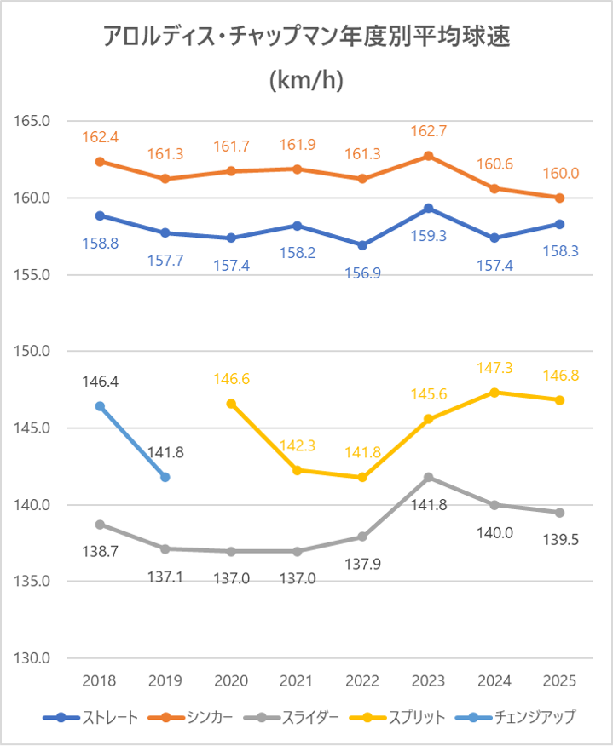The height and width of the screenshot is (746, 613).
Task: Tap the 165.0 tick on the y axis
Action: (x=32, y=121)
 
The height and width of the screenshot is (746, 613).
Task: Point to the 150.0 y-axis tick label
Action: (x=32, y=351)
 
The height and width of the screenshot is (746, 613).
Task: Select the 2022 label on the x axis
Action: (x=362, y=681)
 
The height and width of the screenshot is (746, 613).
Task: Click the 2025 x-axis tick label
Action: (x=559, y=681)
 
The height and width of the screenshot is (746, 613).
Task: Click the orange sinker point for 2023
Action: (x=429, y=156)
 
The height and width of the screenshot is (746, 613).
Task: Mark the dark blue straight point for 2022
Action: (x=362, y=245)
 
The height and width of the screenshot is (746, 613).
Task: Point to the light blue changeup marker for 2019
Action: (x=165, y=477)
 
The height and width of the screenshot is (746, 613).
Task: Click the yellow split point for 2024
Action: (x=494, y=393)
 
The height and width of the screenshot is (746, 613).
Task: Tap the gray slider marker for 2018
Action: (x=100, y=525)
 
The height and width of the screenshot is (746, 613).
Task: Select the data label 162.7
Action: (x=429, y=132)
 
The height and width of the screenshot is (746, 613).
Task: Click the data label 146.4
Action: (x=100, y=382)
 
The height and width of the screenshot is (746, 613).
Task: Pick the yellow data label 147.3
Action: (x=494, y=368)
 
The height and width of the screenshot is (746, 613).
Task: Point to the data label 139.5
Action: (x=559, y=540)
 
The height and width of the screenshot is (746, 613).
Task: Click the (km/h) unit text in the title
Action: (x=306, y=82)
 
